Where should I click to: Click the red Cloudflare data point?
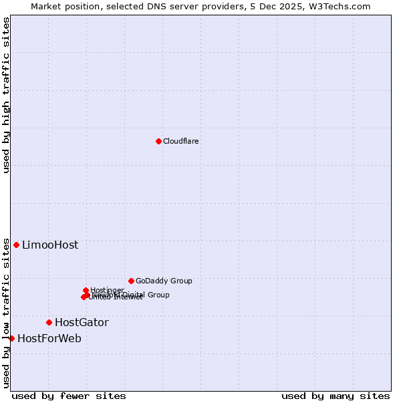click(158, 141)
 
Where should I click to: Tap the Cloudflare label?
click(181, 141)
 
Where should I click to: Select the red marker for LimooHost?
click(16, 245)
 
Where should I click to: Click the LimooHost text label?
click(50, 245)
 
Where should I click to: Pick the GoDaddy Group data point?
click(131, 281)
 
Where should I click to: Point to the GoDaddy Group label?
click(164, 281)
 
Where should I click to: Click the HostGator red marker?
click(49, 322)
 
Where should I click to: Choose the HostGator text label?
click(82, 323)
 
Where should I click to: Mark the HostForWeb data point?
click(11, 338)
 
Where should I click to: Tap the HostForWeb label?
click(49, 339)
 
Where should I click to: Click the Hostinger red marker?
click(86, 290)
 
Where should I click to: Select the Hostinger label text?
click(107, 290)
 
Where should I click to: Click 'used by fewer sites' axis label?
click(69, 396)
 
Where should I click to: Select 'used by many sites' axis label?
click(336, 396)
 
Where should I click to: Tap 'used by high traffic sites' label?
click(7, 95)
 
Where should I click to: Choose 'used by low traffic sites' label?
click(7, 313)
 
